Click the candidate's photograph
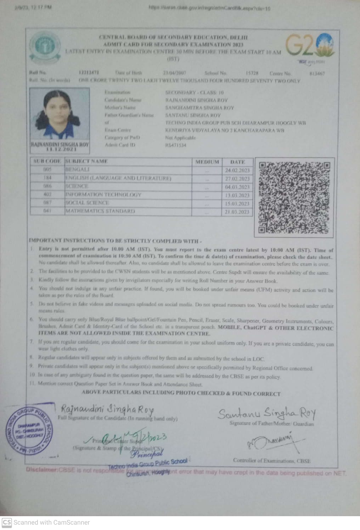(60, 115)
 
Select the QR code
(294, 197)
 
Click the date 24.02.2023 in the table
(237, 170)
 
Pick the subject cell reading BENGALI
(77, 170)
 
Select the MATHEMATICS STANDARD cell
(100, 211)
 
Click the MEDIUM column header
(207, 162)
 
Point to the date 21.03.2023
(237, 212)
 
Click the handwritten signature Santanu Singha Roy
(266, 414)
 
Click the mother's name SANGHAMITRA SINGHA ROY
(199, 107)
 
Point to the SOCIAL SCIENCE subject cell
(87, 203)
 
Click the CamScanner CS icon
(6, 522)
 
